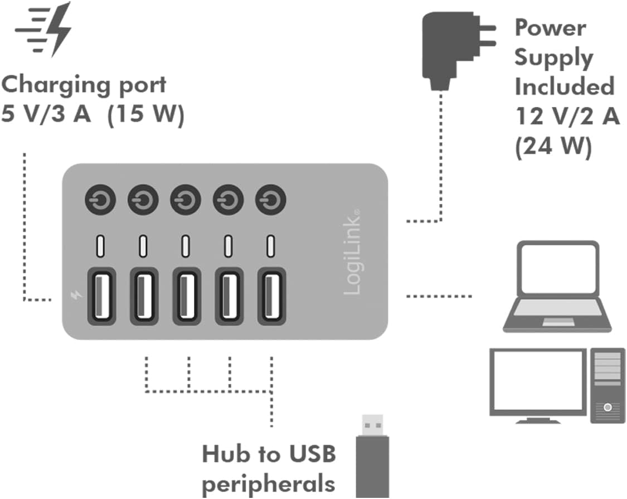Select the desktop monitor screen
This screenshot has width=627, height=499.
(x=538, y=381)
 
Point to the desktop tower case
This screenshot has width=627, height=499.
(x=607, y=385)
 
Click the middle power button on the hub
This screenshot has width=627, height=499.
(x=186, y=200)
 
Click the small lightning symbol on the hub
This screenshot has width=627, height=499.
(x=76, y=295)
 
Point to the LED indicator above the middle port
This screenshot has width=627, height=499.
(x=186, y=245)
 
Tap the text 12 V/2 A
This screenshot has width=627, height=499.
(x=566, y=117)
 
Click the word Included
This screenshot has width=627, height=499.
(x=563, y=87)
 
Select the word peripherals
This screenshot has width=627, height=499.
(x=269, y=483)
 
